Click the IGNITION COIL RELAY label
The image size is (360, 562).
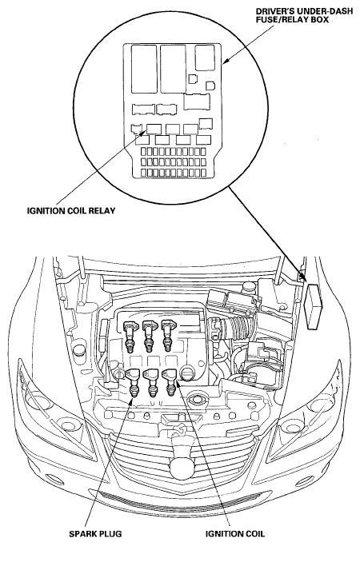coord(71,210)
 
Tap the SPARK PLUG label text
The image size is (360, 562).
coord(95,534)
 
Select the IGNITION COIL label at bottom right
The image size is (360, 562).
coord(235,534)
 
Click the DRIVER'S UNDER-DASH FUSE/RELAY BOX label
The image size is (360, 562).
coord(304,16)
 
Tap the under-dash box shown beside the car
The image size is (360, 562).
coord(313,305)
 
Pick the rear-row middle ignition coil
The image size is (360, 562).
coord(150,336)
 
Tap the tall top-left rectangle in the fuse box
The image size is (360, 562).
coord(144,70)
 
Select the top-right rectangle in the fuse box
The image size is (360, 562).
coord(205,58)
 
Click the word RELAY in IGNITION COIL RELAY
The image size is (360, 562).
coord(102,210)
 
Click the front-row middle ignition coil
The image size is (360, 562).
coord(151,383)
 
